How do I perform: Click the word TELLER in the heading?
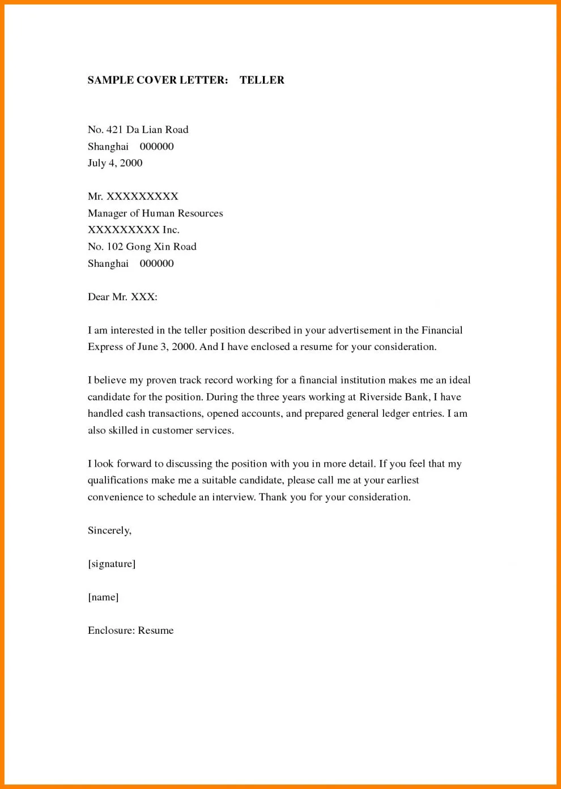coord(262,80)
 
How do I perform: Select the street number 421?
coord(114,130)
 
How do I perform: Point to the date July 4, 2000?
coord(115,163)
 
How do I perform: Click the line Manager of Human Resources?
coord(155,213)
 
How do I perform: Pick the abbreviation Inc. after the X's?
coord(171,230)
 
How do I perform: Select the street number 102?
coord(115,247)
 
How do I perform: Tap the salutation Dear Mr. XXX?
coord(122,297)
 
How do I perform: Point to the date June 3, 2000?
coord(167,347)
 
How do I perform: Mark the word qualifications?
coord(118,480)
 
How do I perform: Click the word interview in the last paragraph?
coord(233,497)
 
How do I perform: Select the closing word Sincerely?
coord(109,531)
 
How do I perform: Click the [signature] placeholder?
coord(112,564)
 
